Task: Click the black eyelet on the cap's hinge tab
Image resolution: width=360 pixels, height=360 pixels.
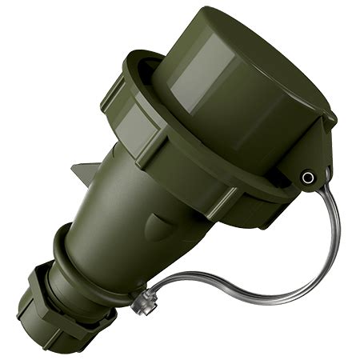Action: tap(306, 178)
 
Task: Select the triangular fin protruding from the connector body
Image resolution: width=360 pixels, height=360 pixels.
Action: tap(86, 171)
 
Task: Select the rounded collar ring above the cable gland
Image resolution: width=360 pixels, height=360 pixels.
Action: tap(76, 256)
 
